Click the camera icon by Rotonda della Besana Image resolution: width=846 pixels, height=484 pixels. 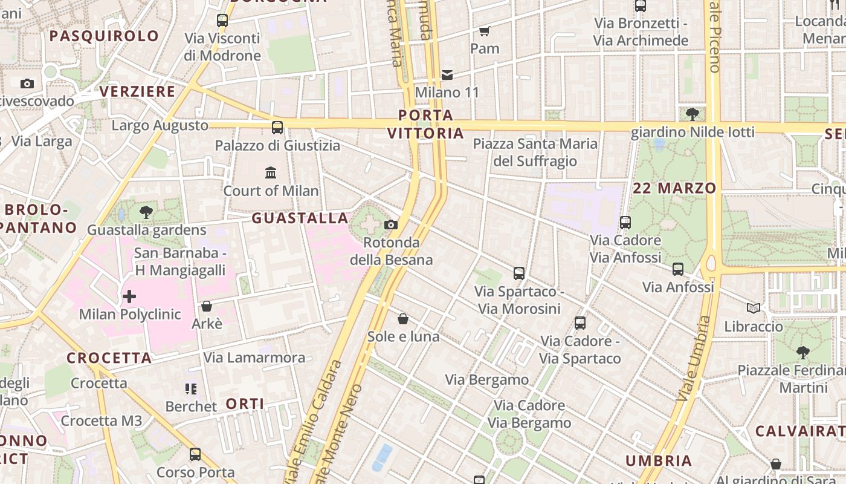(391, 225)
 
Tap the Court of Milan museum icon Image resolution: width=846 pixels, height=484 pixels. (271, 173)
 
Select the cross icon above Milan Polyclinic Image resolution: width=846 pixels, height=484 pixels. (129, 296)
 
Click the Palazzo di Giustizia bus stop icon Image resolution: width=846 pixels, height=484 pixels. (277, 128)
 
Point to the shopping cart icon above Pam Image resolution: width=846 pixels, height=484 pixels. (484, 30)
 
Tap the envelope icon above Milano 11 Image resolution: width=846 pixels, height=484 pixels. (447, 75)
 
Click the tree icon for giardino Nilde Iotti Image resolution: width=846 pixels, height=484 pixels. (693, 114)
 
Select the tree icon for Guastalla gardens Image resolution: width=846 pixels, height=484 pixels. (146, 212)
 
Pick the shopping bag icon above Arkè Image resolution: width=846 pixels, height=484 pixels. (207, 306)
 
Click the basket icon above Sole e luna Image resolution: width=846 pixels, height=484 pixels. (403, 319)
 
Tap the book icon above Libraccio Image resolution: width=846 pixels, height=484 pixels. (754, 309)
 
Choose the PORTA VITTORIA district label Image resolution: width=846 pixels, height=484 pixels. (426, 124)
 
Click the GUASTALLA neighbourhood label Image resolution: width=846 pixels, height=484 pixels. (300, 218)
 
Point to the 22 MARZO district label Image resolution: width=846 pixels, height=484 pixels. (674, 188)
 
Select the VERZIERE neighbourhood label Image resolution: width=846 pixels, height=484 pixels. (137, 91)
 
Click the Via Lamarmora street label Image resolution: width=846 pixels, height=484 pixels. (254, 358)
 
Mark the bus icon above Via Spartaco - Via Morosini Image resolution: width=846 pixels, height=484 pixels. (519, 273)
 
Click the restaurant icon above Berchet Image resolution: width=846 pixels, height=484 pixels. (191, 388)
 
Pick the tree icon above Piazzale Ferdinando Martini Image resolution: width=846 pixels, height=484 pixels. (803, 352)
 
